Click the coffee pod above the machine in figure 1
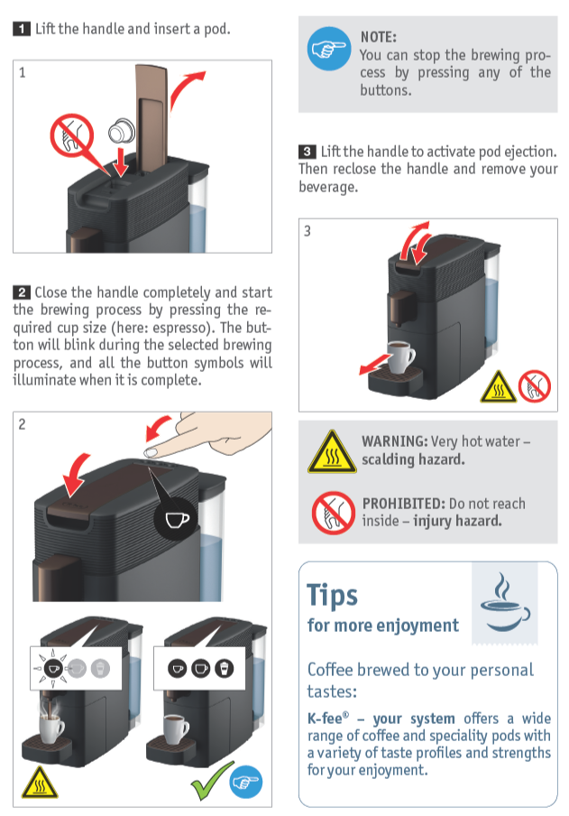click(118, 132)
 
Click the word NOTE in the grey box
click(378, 37)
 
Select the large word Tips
click(333, 595)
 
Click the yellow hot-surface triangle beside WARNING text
click(332, 451)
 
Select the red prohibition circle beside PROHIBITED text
click(332, 513)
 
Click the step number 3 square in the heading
click(307, 152)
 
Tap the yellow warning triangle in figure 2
click(41, 782)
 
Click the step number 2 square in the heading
click(21, 292)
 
